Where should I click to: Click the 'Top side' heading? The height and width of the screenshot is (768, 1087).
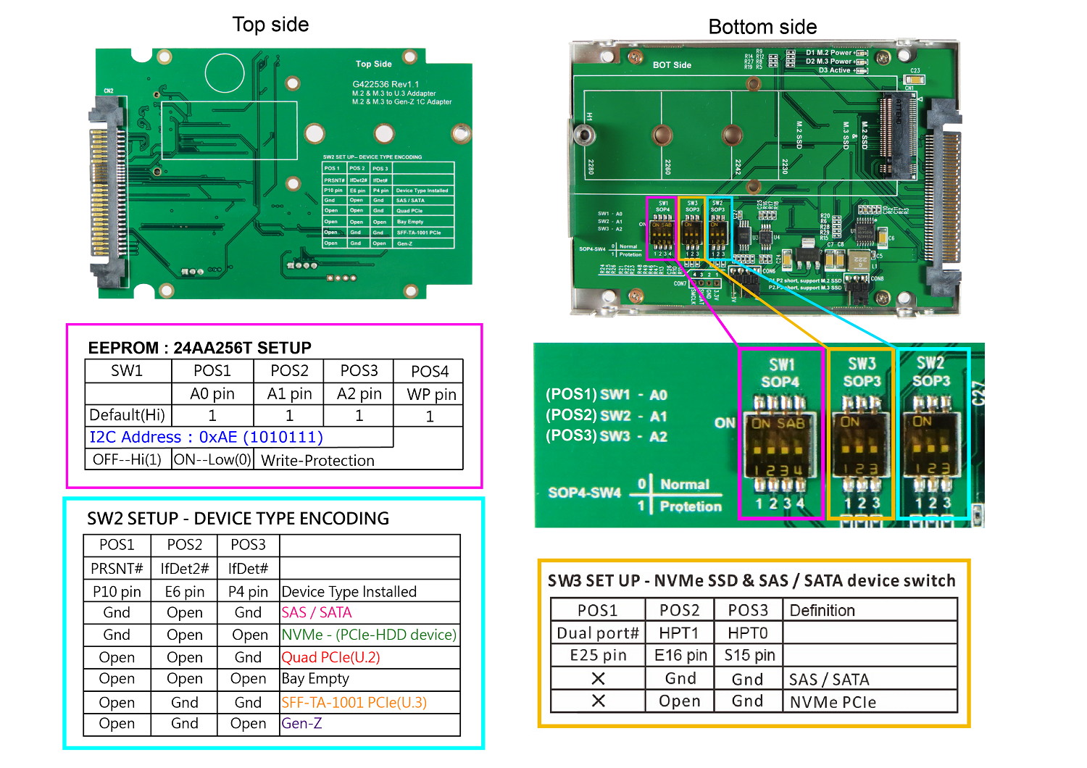coord(270,25)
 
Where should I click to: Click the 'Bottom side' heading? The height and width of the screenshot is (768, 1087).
coord(762,27)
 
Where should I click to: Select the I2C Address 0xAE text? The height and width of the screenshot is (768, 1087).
coord(206,437)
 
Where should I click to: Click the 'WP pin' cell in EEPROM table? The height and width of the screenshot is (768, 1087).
coord(431,394)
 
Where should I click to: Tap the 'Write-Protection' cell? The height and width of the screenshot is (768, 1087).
coord(317,460)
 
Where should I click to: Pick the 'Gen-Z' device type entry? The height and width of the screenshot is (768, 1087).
coord(301,723)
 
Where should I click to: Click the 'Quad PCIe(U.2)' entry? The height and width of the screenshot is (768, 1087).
coord(330,657)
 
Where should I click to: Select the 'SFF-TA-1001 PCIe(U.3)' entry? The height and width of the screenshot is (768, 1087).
coord(354,702)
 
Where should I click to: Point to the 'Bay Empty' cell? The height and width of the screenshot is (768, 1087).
coord(315,679)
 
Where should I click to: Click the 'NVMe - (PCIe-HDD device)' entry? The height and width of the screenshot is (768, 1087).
coord(369,635)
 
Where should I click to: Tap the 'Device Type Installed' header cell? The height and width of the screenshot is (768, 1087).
coord(349,591)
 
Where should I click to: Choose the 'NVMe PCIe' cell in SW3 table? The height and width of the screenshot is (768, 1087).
coord(833,702)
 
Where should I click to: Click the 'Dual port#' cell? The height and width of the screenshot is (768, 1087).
coord(598,633)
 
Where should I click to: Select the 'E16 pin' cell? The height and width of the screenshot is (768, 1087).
coord(680,656)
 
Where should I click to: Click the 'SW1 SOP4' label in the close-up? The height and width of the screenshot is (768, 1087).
coord(780,372)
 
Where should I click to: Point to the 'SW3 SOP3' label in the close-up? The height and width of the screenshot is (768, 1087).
coord(862,372)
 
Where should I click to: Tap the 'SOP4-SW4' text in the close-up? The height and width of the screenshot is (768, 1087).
coord(584,493)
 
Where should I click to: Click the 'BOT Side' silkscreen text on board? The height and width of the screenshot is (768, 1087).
coord(672,65)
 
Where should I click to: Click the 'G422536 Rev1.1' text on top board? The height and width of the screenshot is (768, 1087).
coord(386,84)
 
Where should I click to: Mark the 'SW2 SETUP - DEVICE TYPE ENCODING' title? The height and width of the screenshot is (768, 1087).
coord(238,518)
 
